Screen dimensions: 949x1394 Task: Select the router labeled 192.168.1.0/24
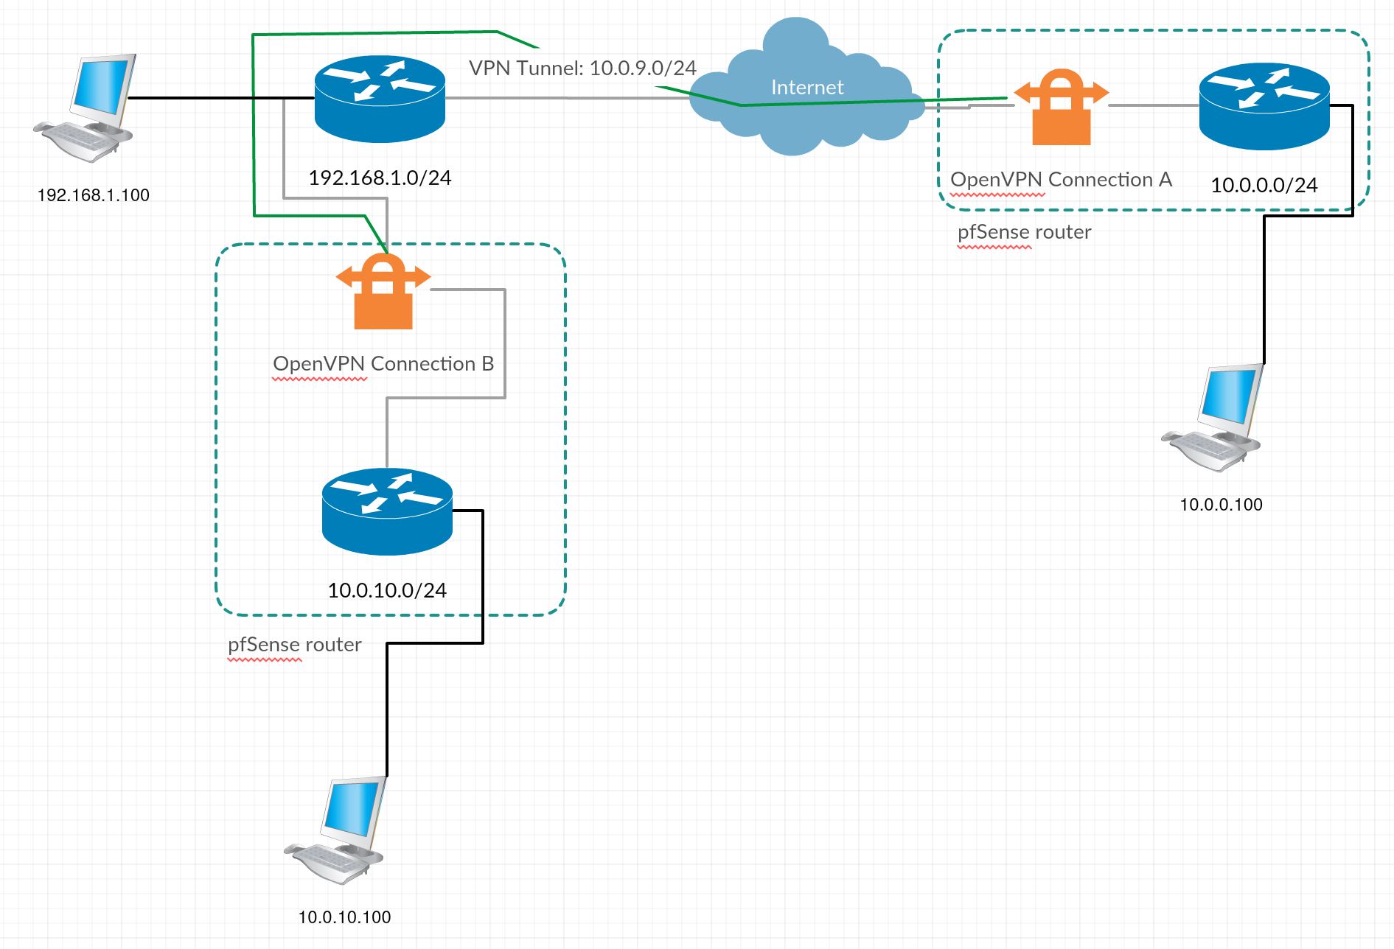point(380,99)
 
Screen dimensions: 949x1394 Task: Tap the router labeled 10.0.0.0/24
point(1264,107)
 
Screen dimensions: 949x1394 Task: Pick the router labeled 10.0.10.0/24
point(387,511)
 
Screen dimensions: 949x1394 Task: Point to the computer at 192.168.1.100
point(88,107)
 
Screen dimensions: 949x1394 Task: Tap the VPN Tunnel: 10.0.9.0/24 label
point(582,69)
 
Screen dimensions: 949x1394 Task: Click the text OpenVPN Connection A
point(1061,180)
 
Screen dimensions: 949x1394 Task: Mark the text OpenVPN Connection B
point(383,364)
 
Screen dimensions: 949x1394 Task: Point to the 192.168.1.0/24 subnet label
point(380,178)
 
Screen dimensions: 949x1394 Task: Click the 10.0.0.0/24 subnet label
point(1264,186)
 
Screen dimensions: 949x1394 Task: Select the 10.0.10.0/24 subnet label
point(387,591)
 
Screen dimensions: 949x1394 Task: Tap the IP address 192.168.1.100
point(94,195)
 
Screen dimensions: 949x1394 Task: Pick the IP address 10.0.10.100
point(344,917)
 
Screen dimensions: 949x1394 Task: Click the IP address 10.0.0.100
point(1221,505)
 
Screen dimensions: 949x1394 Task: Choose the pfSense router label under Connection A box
point(1024,232)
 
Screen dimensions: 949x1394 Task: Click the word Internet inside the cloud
point(807,88)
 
